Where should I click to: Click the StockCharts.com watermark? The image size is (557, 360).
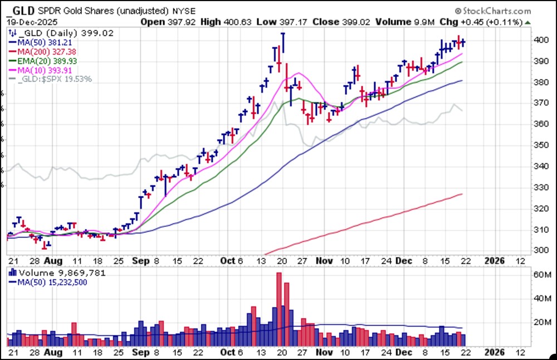(x=492, y=11)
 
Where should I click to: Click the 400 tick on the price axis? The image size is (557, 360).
(x=540, y=40)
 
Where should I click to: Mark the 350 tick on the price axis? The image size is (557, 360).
(x=540, y=145)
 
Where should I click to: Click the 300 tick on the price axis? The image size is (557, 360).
(x=540, y=250)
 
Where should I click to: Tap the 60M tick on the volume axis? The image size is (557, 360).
(x=539, y=275)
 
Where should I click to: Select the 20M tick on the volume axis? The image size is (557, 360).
(x=539, y=322)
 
